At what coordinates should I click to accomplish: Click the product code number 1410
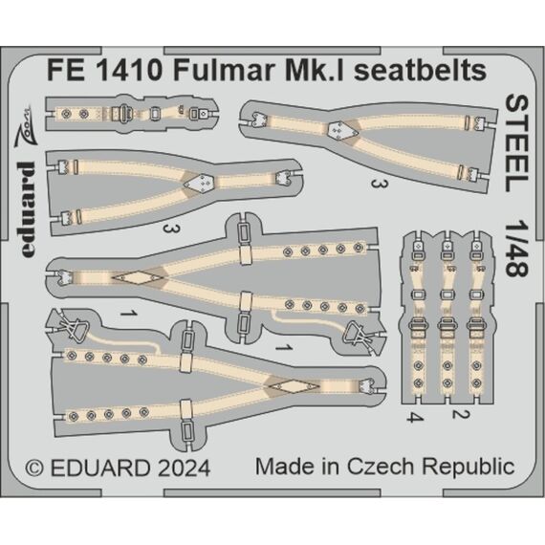[x=128, y=71]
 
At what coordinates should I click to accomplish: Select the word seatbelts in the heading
[x=419, y=71]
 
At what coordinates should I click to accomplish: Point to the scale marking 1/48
[x=517, y=248]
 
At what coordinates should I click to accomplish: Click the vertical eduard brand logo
[x=27, y=209]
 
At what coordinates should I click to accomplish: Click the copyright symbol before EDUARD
[x=34, y=469]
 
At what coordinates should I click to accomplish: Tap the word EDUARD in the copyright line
[x=100, y=469]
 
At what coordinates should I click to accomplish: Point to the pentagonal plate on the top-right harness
[x=342, y=131]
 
